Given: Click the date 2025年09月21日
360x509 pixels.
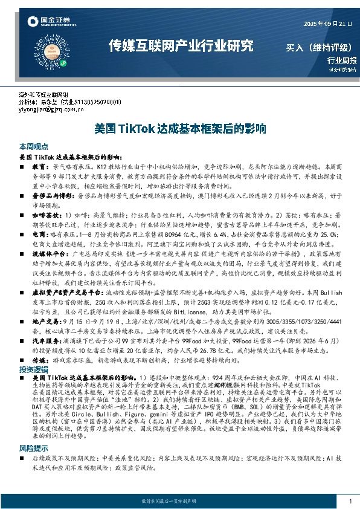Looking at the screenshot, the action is point(326,23).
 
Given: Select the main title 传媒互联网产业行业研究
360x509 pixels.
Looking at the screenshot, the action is point(181,46).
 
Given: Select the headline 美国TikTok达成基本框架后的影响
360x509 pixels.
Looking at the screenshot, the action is point(180,129).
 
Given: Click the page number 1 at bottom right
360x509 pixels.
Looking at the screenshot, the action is point(350,502).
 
